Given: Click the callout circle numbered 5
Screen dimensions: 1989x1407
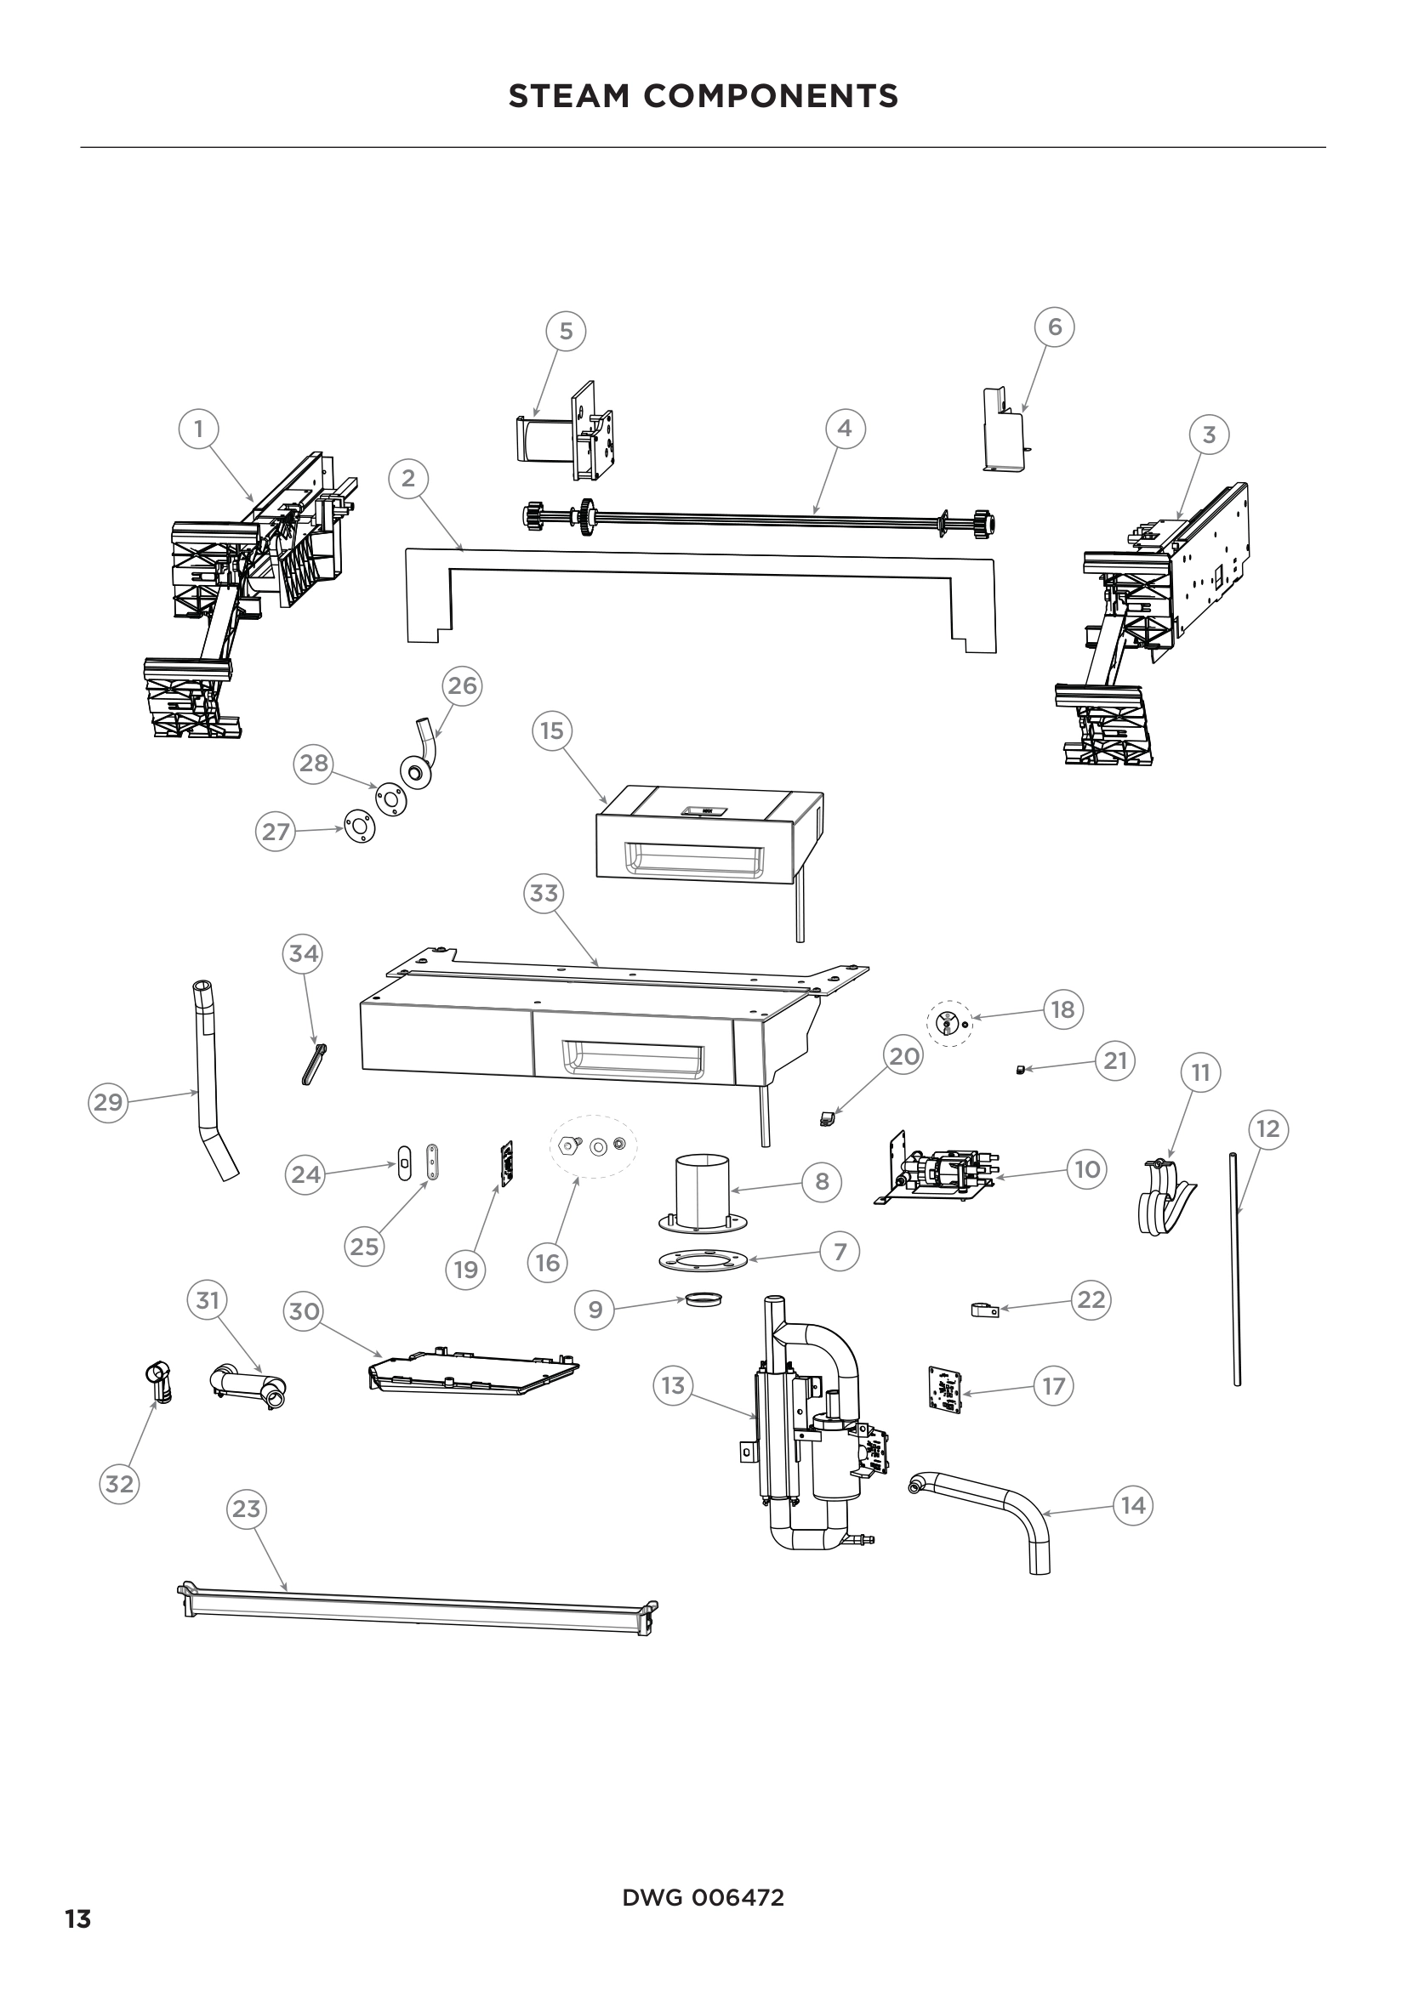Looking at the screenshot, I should pyautogui.click(x=566, y=331).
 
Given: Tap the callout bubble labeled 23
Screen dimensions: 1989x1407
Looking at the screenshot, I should pyautogui.click(x=246, y=1509).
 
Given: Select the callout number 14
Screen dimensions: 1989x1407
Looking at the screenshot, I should pyautogui.click(x=1133, y=1505).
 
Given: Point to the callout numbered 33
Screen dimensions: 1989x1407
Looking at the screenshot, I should pyautogui.click(x=544, y=892).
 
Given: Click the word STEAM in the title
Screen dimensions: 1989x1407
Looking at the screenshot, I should pyautogui.click(x=567, y=96).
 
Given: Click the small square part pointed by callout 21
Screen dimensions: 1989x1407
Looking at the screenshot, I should pyautogui.click(x=1020, y=1069).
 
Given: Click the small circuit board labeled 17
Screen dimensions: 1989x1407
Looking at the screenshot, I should pyautogui.click(x=943, y=1389).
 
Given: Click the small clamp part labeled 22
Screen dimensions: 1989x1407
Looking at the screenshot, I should pyautogui.click(x=985, y=1310).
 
